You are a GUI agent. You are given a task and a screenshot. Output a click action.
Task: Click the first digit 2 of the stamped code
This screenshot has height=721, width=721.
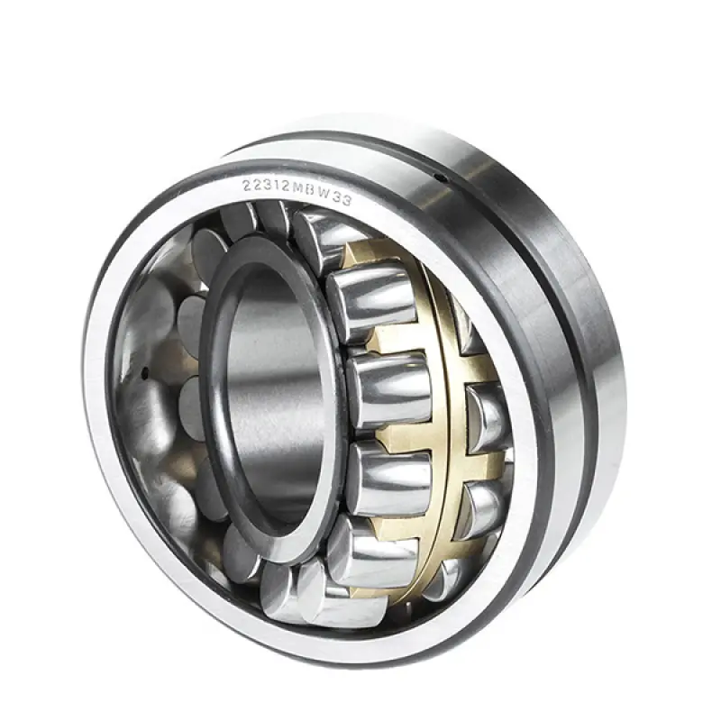click(x=246, y=185)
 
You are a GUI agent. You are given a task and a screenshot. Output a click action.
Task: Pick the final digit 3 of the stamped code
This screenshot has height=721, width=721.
click(x=347, y=200)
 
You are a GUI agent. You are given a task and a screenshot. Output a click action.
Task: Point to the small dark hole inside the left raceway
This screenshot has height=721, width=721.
click(x=144, y=373)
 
